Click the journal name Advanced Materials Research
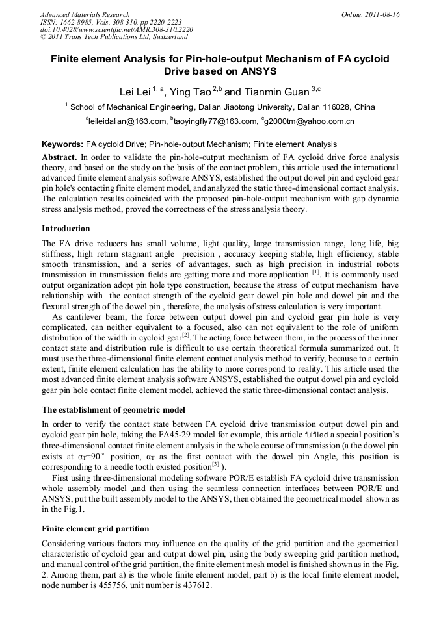click(85, 14)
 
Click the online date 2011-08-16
click(382, 14)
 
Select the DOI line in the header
click(116, 29)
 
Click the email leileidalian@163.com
click(127, 121)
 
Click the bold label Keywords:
click(62, 144)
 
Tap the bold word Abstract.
click(59, 157)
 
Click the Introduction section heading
click(66, 229)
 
